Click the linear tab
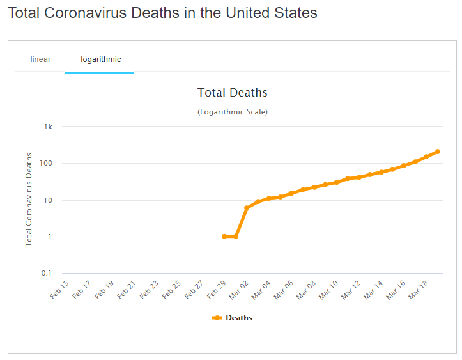40,59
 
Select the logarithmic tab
100,59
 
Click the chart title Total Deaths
233,93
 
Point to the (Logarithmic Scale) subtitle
233,112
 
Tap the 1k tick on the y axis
48,127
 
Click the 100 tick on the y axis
45,164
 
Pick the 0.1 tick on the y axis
47,274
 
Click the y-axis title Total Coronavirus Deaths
29,200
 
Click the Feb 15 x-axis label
59,288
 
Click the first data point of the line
224,237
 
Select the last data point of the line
438,152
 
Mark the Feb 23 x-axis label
150,288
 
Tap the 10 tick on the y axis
47,200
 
